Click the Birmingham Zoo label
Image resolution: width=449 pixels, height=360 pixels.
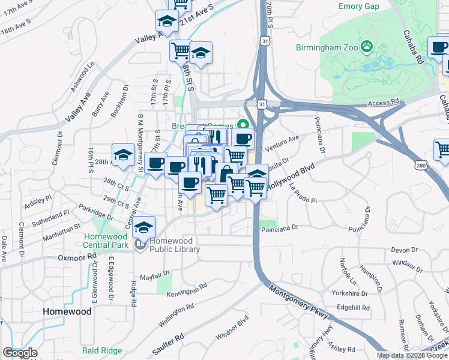[327, 47]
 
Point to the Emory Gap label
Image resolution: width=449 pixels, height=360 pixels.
[359, 6]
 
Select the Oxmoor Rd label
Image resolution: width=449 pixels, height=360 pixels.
[77, 256]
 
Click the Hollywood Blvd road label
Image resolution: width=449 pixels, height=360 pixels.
[291, 178]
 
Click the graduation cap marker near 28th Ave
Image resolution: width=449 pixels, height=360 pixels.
[123, 155]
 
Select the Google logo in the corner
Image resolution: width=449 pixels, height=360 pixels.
[20, 353]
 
